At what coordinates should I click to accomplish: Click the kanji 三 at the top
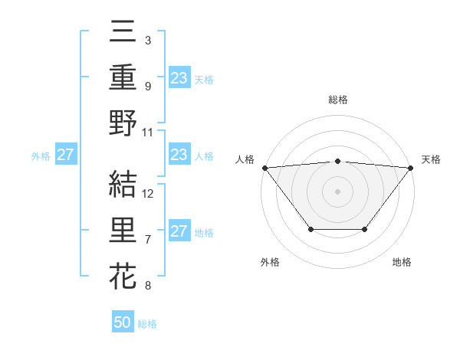123,31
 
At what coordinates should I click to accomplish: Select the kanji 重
123,77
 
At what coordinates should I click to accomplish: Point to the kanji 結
123,183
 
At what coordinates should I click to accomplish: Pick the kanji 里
123,230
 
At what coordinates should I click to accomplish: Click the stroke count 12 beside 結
149,193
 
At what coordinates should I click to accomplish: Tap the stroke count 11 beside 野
149,133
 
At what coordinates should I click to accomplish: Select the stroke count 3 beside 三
148,40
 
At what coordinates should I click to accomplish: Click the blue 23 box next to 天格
179,77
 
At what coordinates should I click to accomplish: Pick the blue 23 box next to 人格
179,155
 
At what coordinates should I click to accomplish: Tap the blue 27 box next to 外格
65,155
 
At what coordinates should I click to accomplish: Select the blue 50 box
123,322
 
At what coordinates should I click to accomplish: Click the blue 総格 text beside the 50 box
147,324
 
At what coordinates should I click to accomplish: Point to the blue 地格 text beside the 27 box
204,233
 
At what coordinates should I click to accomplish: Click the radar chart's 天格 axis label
431,159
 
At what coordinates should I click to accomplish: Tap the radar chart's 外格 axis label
270,262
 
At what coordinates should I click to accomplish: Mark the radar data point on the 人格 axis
264,167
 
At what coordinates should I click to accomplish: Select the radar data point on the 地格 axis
365,229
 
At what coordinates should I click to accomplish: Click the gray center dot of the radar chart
337,191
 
